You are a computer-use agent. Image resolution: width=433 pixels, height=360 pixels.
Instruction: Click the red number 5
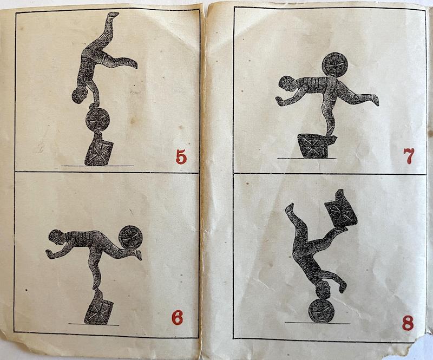181,157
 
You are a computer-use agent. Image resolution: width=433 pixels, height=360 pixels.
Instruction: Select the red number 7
409,156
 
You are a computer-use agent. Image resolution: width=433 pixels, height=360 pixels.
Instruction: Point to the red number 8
408,323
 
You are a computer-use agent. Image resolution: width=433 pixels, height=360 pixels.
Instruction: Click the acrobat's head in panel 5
79,95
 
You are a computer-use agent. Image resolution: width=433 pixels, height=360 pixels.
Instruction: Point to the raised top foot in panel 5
113,15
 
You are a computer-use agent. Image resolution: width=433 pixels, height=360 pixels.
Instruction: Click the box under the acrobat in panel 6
99,307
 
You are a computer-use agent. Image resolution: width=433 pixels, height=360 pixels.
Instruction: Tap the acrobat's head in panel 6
56,237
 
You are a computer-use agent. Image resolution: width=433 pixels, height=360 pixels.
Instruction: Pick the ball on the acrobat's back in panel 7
335,65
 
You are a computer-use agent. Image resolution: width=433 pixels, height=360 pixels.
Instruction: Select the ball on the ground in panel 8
321,310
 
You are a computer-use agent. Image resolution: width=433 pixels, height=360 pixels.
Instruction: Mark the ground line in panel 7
306,158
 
